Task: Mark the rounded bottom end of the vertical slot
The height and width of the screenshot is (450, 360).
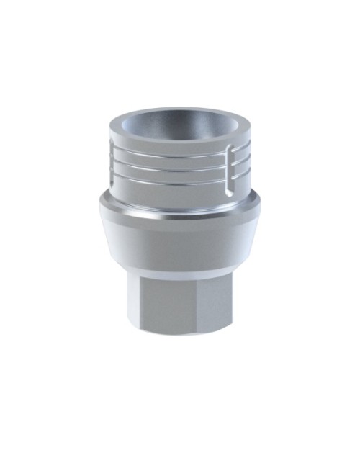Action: pos(228,193)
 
